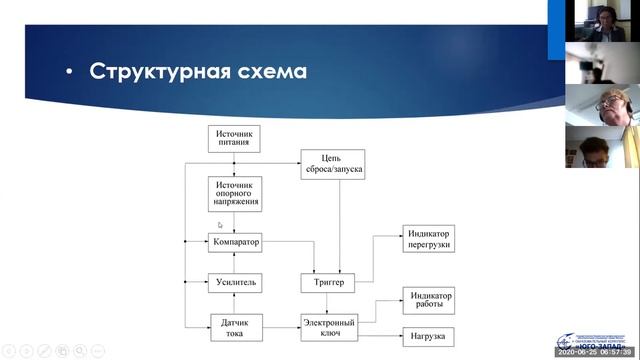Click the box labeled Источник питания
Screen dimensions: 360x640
tap(235, 139)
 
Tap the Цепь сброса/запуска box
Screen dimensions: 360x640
tap(331, 163)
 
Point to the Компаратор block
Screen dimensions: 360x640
tap(235, 242)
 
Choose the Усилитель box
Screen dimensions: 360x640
tap(235, 283)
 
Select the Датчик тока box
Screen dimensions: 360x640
tap(235, 327)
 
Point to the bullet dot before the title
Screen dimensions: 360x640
tap(69, 73)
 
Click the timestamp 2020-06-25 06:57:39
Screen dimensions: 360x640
tap(593, 354)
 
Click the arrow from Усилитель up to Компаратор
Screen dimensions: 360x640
tap(235, 262)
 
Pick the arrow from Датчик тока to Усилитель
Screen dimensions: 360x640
tap(235, 304)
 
